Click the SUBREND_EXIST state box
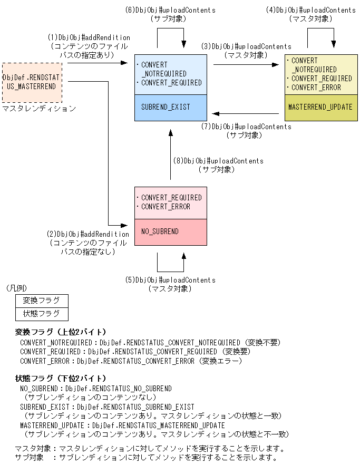click(x=170, y=107)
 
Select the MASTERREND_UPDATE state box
click(x=320, y=107)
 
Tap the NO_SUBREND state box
click(x=170, y=231)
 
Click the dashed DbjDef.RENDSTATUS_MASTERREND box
click(x=32, y=82)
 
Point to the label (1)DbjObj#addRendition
click(x=89, y=37)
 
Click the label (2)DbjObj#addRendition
click(x=88, y=234)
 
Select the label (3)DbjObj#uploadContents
click(x=246, y=46)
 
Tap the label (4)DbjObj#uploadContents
click(x=310, y=10)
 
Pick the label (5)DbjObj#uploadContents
click(x=170, y=280)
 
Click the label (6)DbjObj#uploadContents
click(x=170, y=10)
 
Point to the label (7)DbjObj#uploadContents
click(x=246, y=127)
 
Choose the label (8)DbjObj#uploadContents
click(x=218, y=161)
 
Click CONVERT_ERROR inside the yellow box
click(x=316, y=88)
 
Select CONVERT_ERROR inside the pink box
click(x=166, y=207)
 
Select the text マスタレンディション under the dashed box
click(x=39, y=109)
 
